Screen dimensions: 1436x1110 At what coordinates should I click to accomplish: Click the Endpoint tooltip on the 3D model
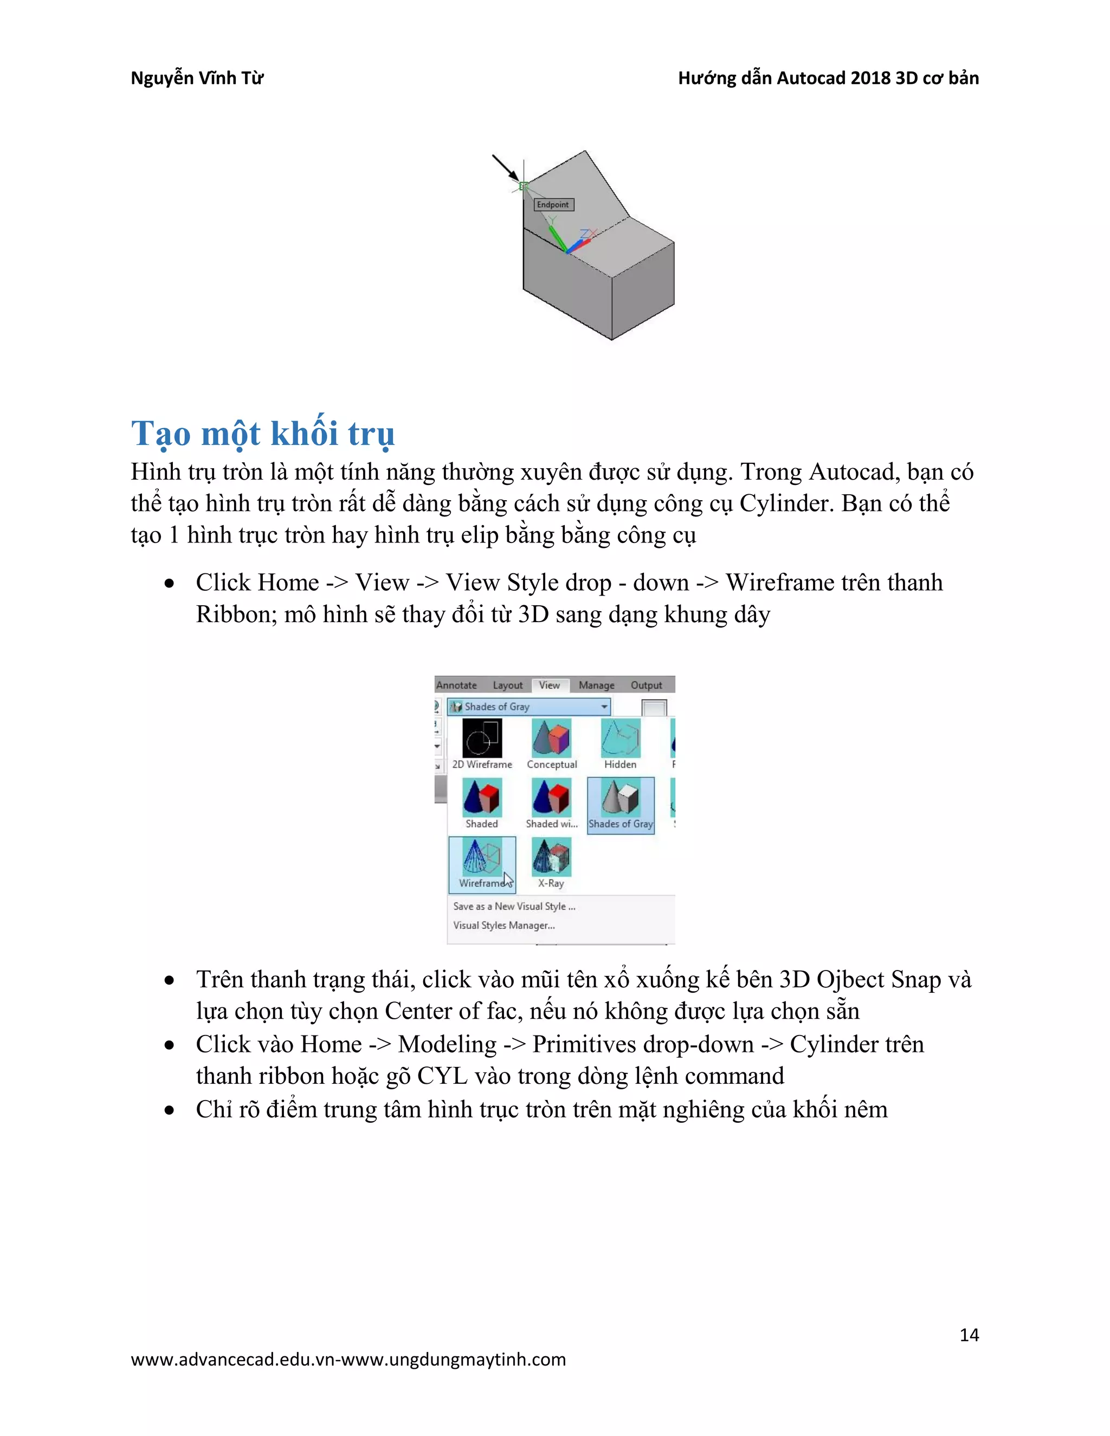(553, 204)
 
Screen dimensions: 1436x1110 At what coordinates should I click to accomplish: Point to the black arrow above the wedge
(505, 167)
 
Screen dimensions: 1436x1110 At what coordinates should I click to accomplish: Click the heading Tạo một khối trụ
(262, 434)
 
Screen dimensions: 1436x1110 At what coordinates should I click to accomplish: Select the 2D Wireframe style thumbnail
(482, 739)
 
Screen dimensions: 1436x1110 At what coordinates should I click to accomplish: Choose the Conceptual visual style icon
(552, 739)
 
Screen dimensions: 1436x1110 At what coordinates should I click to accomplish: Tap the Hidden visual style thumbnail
(620, 739)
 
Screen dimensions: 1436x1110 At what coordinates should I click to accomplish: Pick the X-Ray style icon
(551, 857)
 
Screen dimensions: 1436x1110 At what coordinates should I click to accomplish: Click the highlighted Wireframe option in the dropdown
(482, 864)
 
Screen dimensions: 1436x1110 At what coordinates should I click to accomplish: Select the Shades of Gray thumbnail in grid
(620, 804)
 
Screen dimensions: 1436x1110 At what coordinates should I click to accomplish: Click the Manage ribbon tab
(596, 685)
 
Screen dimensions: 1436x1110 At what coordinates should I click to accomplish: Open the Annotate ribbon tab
(456, 685)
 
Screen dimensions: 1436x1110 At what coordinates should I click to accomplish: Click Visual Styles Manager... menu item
(504, 925)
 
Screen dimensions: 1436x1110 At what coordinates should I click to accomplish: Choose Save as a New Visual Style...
(514, 906)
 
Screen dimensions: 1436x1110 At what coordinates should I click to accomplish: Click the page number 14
(969, 1335)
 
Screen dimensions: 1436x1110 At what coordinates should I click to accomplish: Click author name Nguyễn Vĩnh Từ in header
(197, 78)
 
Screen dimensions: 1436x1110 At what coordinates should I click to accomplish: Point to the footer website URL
(348, 1359)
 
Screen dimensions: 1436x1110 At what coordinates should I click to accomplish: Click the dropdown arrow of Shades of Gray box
(604, 707)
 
